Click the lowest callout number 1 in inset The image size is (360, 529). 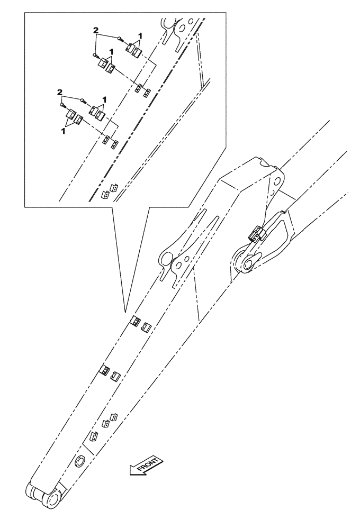(x=63, y=130)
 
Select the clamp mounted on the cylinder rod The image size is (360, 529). (x=257, y=234)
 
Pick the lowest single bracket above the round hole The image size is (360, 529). (x=94, y=437)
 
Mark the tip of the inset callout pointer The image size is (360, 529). (x=125, y=311)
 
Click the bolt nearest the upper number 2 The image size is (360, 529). (x=121, y=38)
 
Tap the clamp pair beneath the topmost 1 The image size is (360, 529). (x=133, y=50)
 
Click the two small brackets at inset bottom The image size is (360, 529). (x=109, y=191)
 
